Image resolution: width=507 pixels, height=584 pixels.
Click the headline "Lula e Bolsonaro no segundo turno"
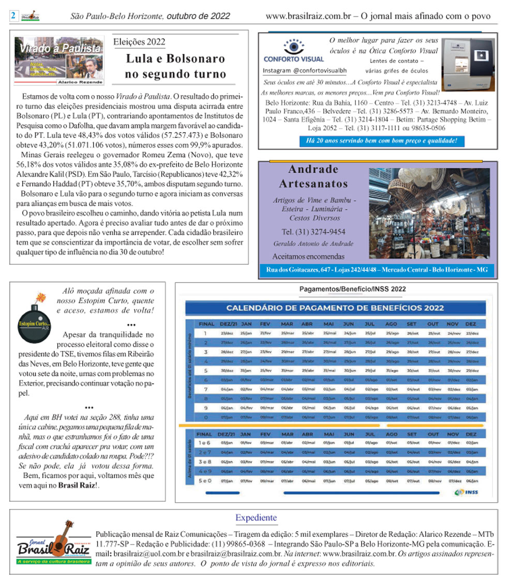click(175, 66)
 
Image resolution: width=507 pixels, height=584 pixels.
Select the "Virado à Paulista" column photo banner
click(58, 61)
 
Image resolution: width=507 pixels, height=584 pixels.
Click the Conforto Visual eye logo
click(293, 48)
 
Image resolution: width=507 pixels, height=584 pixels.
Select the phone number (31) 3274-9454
click(313, 232)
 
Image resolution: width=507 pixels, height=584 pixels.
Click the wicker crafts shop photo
click(429, 213)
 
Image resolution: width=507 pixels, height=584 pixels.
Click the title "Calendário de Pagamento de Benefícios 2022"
click(335, 308)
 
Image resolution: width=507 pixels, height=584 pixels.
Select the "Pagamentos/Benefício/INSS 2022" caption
click(353, 289)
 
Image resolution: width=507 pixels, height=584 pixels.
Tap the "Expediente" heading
click(256, 517)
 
